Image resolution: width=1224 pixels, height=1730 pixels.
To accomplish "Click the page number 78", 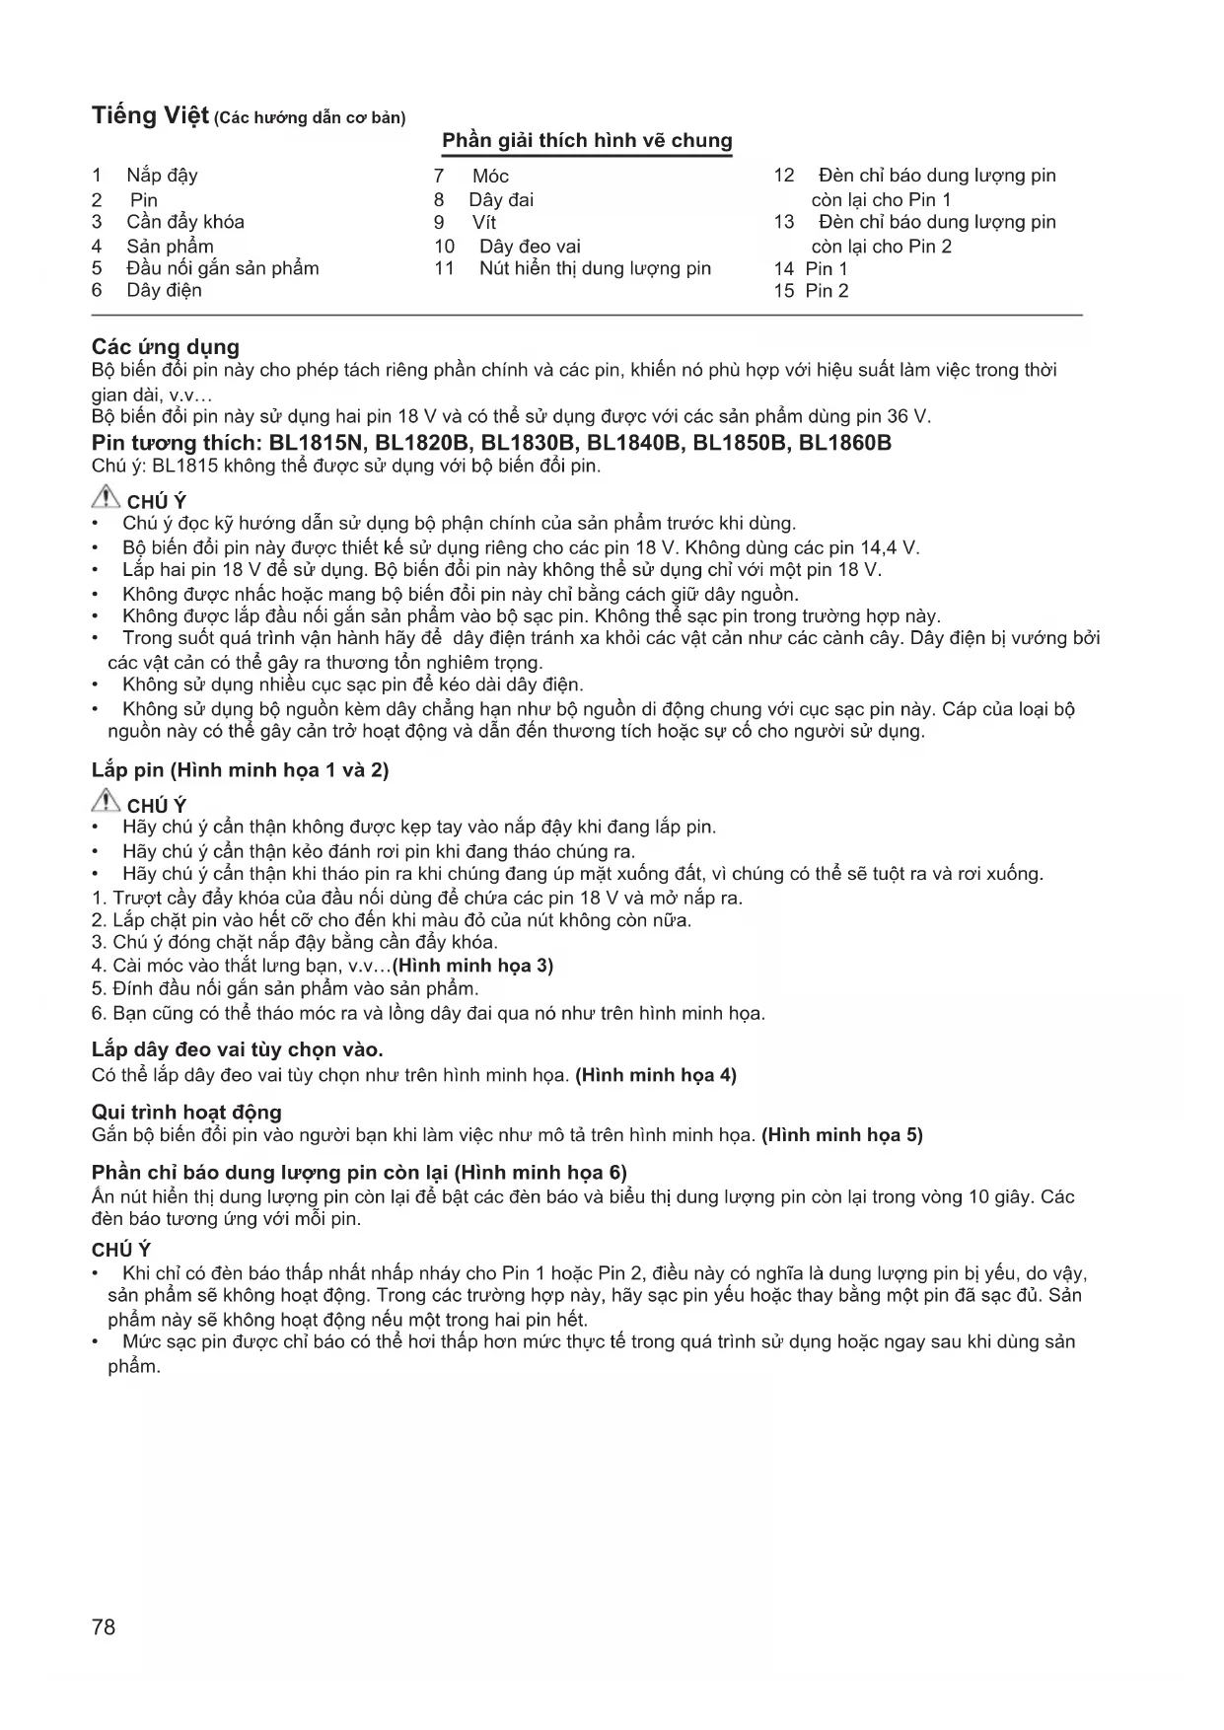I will tap(104, 1626).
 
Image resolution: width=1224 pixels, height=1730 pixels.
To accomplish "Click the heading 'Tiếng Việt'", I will tap(150, 115).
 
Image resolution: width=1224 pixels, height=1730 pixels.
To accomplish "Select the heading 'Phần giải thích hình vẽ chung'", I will tap(587, 141).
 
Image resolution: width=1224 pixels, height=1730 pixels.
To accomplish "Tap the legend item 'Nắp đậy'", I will tap(162, 176).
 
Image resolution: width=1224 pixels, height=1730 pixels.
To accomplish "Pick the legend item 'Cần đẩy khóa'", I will tap(185, 222).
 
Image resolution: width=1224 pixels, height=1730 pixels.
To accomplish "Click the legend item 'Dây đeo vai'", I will tap(530, 247).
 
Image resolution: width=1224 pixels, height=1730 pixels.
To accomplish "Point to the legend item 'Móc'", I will tap(490, 177).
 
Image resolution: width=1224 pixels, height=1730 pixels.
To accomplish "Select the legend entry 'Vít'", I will tap(483, 223).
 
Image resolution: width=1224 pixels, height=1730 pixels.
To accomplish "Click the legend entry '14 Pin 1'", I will tap(811, 269).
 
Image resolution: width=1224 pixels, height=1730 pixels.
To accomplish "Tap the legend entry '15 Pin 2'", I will tap(811, 291).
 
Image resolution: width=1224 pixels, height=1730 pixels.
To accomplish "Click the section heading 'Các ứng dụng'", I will tap(166, 347).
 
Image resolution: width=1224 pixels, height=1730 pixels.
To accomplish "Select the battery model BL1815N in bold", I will tap(317, 443).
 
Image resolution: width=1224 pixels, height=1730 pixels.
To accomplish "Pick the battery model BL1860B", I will tap(844, 443).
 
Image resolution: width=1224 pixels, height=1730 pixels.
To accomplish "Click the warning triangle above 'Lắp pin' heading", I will tap(106, 499).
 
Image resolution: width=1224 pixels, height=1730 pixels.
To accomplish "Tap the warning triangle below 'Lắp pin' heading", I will tap(106, 803).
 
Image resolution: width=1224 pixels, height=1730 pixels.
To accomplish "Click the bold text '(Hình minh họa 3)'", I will tap(472, 966).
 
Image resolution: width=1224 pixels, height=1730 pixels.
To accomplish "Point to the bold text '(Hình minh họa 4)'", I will tap(656, 1075).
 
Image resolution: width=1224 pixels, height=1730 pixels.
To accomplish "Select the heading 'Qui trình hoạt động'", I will tap(186, 1113).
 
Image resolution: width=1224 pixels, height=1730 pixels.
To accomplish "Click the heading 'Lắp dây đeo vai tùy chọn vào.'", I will tap(238, 1049).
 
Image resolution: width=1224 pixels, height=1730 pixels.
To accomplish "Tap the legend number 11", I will tap(444, 269).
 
